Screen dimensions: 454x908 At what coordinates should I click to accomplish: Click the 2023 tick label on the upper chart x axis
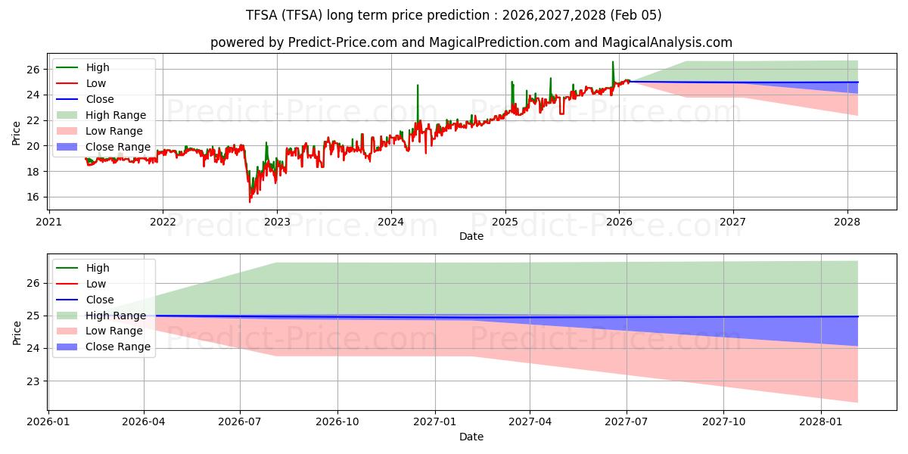(277, 222)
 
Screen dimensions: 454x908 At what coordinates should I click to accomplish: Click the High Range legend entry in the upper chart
(116, 115)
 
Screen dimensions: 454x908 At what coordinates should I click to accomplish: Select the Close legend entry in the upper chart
(100, 99)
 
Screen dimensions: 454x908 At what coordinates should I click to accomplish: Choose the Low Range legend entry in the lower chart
(114, 331)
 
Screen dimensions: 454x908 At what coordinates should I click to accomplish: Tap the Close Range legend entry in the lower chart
(117, 347)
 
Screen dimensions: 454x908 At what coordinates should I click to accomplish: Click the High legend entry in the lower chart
(98, 268)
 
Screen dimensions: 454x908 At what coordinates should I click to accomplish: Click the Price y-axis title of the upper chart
(17, 133)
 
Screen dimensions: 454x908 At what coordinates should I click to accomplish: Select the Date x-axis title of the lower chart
(471, 437)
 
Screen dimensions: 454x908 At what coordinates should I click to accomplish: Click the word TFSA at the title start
(262, 15)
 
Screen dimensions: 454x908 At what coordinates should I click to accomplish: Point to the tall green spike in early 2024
(417, 86)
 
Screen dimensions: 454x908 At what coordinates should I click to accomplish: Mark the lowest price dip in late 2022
(250, 201)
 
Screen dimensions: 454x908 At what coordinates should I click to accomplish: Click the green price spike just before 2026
(613, 64)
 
